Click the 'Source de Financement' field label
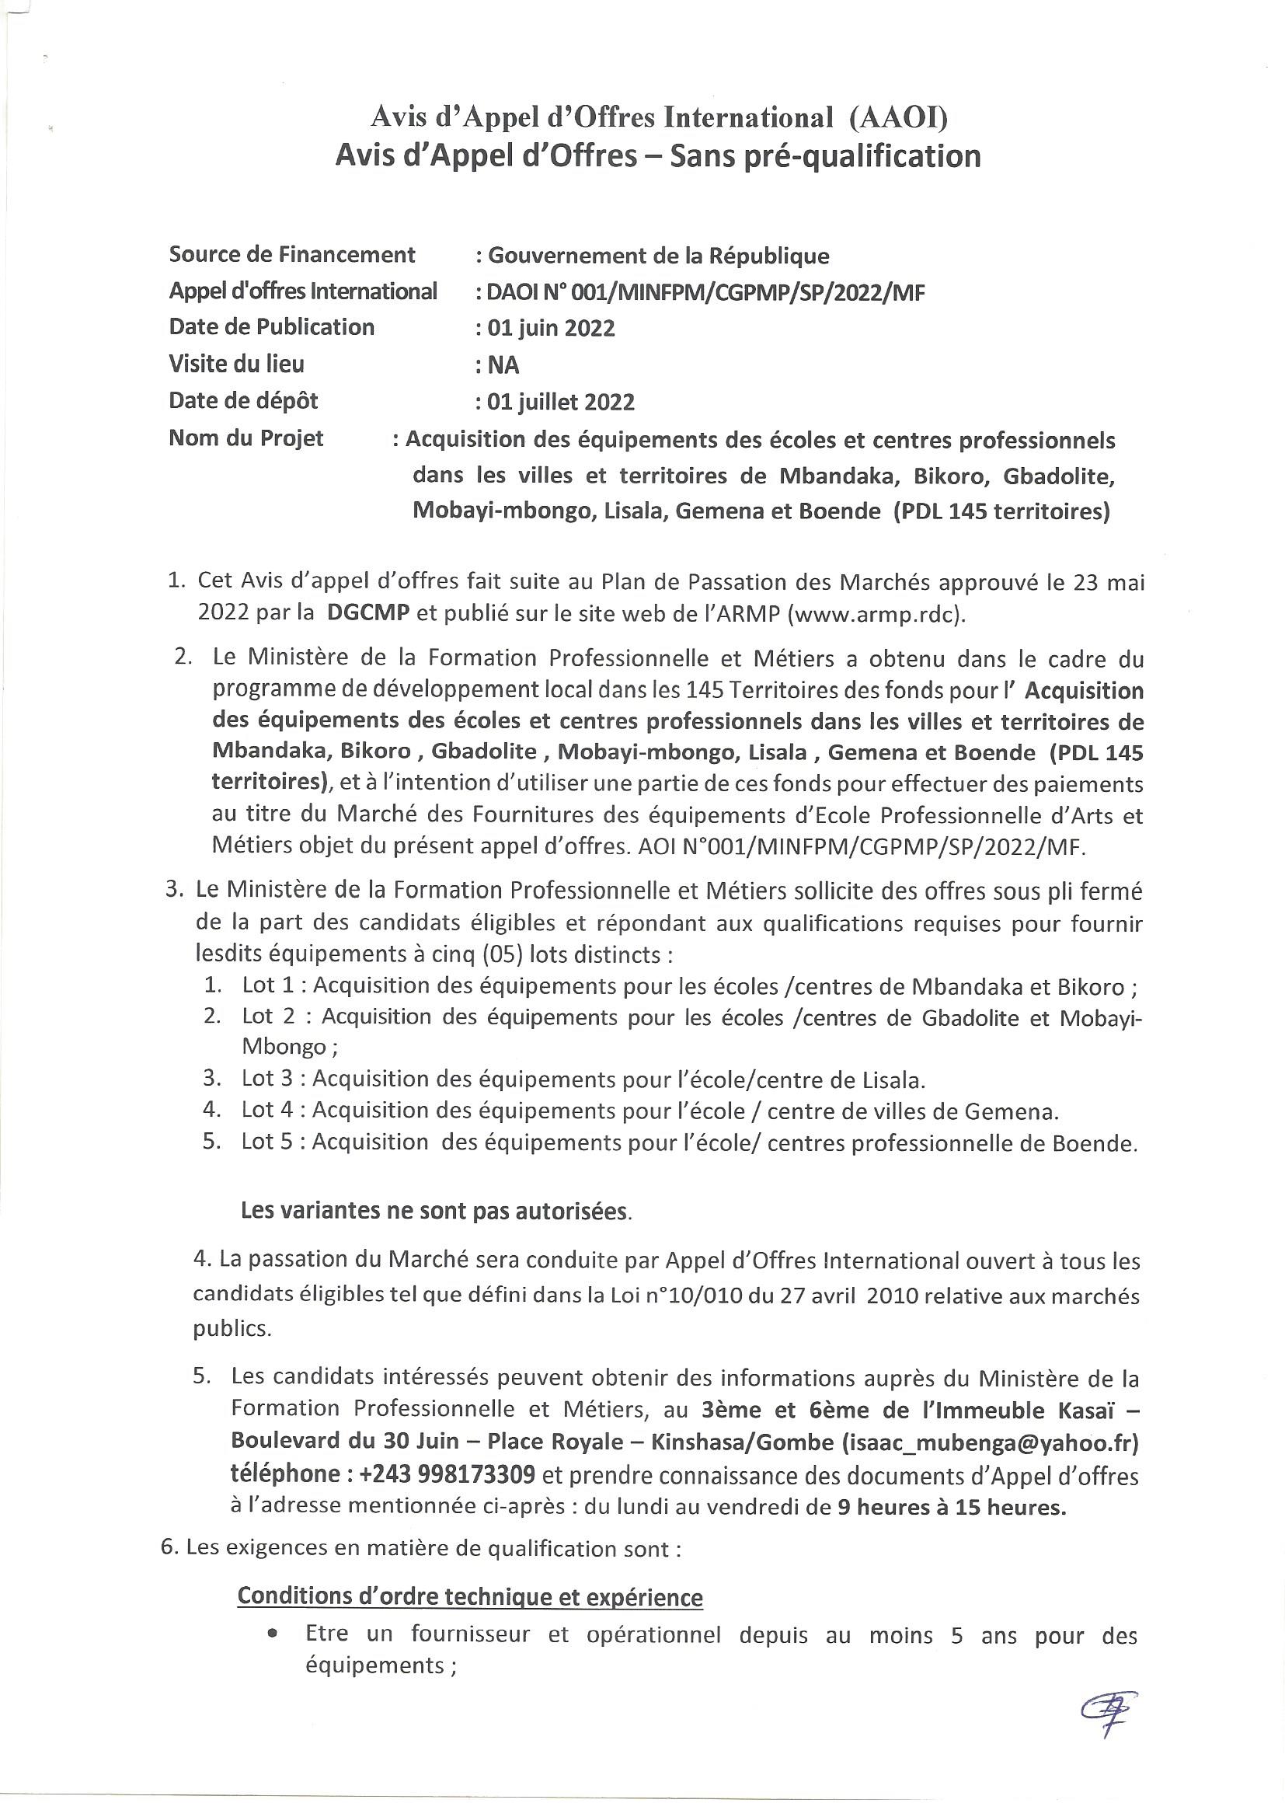(x=292, y=255)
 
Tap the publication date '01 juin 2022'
(x=551, y=329)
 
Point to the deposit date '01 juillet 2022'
(x=560, y=403)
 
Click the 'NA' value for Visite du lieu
(x=503, y=365)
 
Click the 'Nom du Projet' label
(x=246, y=438)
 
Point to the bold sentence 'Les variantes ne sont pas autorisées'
(x=434, y=1212)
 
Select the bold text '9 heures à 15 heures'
(x=951, y=1508)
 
